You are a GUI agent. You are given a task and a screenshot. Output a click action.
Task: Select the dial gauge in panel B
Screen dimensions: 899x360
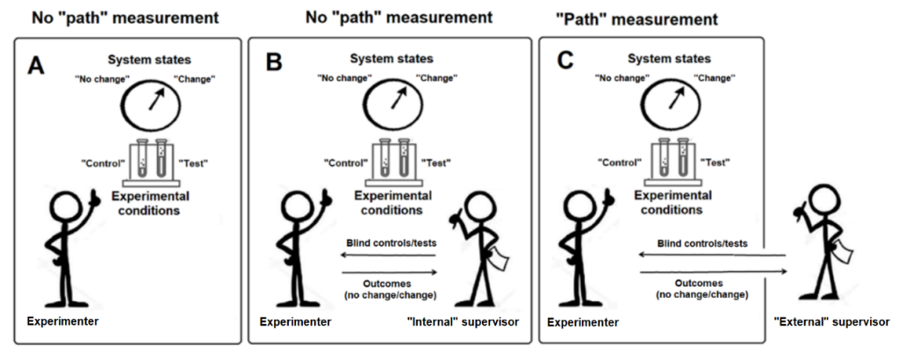392,104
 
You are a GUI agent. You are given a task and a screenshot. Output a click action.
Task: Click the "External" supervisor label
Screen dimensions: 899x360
832,323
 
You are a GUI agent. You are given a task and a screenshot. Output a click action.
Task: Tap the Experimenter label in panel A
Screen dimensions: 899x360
63,321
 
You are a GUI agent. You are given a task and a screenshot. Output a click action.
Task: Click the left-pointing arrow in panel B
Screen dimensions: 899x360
391,256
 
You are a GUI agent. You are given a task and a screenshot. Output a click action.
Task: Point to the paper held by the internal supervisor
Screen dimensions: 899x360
500,259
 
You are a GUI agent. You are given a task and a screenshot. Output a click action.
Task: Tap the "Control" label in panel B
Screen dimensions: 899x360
344,163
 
